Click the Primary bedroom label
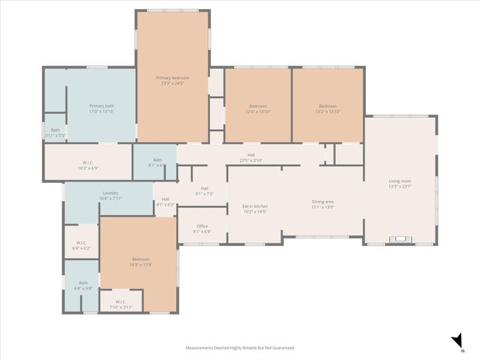coord(172,80)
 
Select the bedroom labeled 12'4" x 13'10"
coord(258,109)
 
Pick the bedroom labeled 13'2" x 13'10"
coord(328,109)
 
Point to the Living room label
coord(399,183)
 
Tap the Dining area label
coord(322,204)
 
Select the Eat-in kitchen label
coord(254,208)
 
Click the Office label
coord(202,229)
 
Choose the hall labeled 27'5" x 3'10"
coord(251,158)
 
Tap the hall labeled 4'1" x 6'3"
coord(165,202)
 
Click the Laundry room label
coord(109,196)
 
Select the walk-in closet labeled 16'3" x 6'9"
coord(88,166)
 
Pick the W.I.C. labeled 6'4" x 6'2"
coord(82,245)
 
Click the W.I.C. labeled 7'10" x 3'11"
coord(120,305)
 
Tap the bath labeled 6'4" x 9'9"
coord(82,285)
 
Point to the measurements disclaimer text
coord(240,348)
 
